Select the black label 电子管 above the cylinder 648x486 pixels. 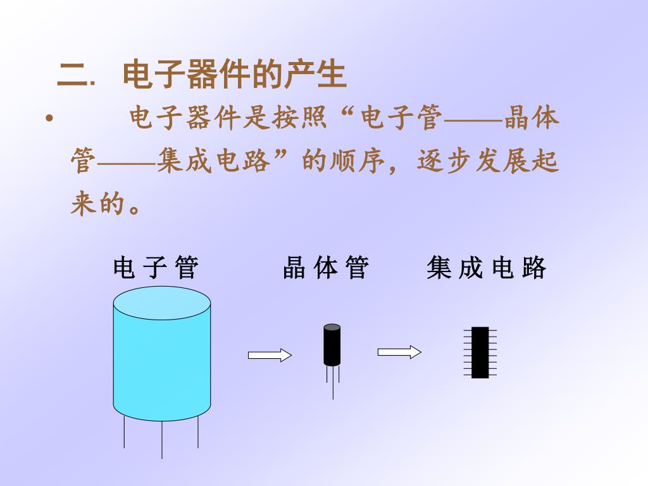156,268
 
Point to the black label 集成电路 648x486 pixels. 486,268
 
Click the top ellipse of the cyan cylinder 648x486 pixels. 161,303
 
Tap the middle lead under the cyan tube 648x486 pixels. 162,439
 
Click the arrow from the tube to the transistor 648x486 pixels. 270,356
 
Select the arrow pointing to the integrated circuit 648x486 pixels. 399,352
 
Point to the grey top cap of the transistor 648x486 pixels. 332,328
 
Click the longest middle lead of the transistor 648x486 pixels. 333,386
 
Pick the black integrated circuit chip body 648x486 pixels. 480,352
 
